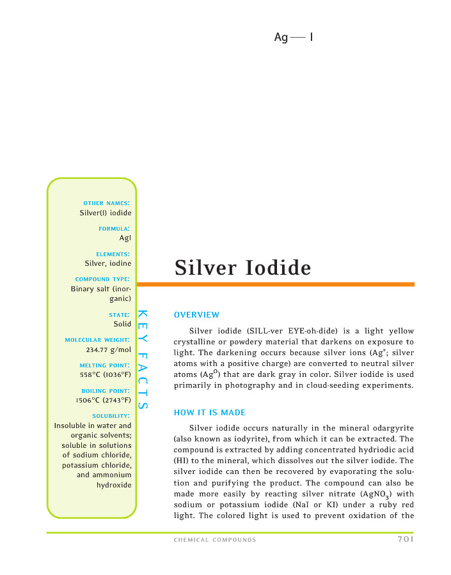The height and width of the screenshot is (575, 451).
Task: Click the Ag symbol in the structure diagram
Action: [x=281, y=38]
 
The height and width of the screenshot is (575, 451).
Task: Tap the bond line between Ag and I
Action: [x=298, y=38]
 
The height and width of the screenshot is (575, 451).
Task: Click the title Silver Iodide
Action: [x=243, y=268]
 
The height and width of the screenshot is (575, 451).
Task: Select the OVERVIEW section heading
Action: [x=196, y=315]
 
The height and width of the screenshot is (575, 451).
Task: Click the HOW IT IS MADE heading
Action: [x=210, y=413]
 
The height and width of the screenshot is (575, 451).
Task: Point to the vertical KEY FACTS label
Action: [x=143, y=360]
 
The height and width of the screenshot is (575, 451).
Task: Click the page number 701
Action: [x=404, y=539]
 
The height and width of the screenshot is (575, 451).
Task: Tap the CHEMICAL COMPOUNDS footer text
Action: [x=215, y=540]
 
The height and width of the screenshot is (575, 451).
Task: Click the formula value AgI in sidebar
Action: [x=125, y=238]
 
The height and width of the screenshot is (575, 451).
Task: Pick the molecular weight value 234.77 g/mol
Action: [x=108, y=350]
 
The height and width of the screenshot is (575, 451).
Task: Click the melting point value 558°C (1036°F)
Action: [x=106, y=375]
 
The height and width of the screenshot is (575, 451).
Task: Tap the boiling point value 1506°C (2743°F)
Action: [x=104, y=401]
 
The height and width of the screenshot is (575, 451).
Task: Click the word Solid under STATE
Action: [x=122, y=324]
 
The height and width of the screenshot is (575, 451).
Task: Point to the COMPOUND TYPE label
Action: [x=103, y=279]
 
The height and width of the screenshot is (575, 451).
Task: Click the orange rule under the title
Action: [x=275, y=284]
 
